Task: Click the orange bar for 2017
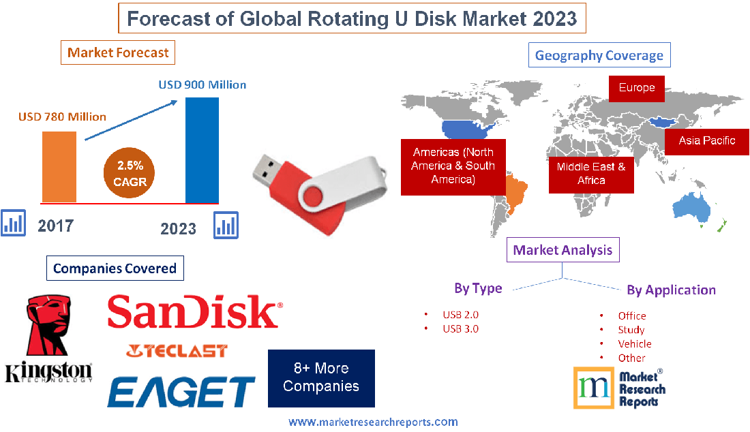[59, 166]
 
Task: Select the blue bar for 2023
[202, 150]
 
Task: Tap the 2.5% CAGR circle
[130, 174]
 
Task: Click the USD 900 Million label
[202, 85]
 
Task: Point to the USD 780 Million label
[62, 117]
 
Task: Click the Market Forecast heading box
[118, 52]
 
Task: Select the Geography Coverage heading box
[599, 55]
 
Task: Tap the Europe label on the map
[636, 88]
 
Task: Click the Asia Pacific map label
[706, 141]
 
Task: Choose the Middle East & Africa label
[590, 173]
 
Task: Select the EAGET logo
[181, 392]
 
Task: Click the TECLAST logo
[177, 351]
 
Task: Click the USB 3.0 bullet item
[460, 328]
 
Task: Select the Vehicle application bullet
[634, 343]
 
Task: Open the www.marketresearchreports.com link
[373, 422]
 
